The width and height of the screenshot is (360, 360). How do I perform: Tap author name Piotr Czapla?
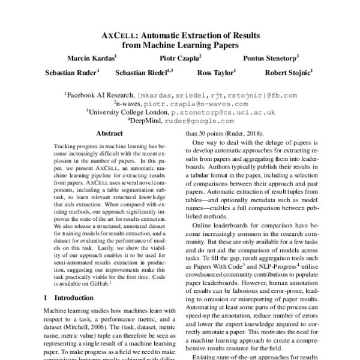click(179, 58)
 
